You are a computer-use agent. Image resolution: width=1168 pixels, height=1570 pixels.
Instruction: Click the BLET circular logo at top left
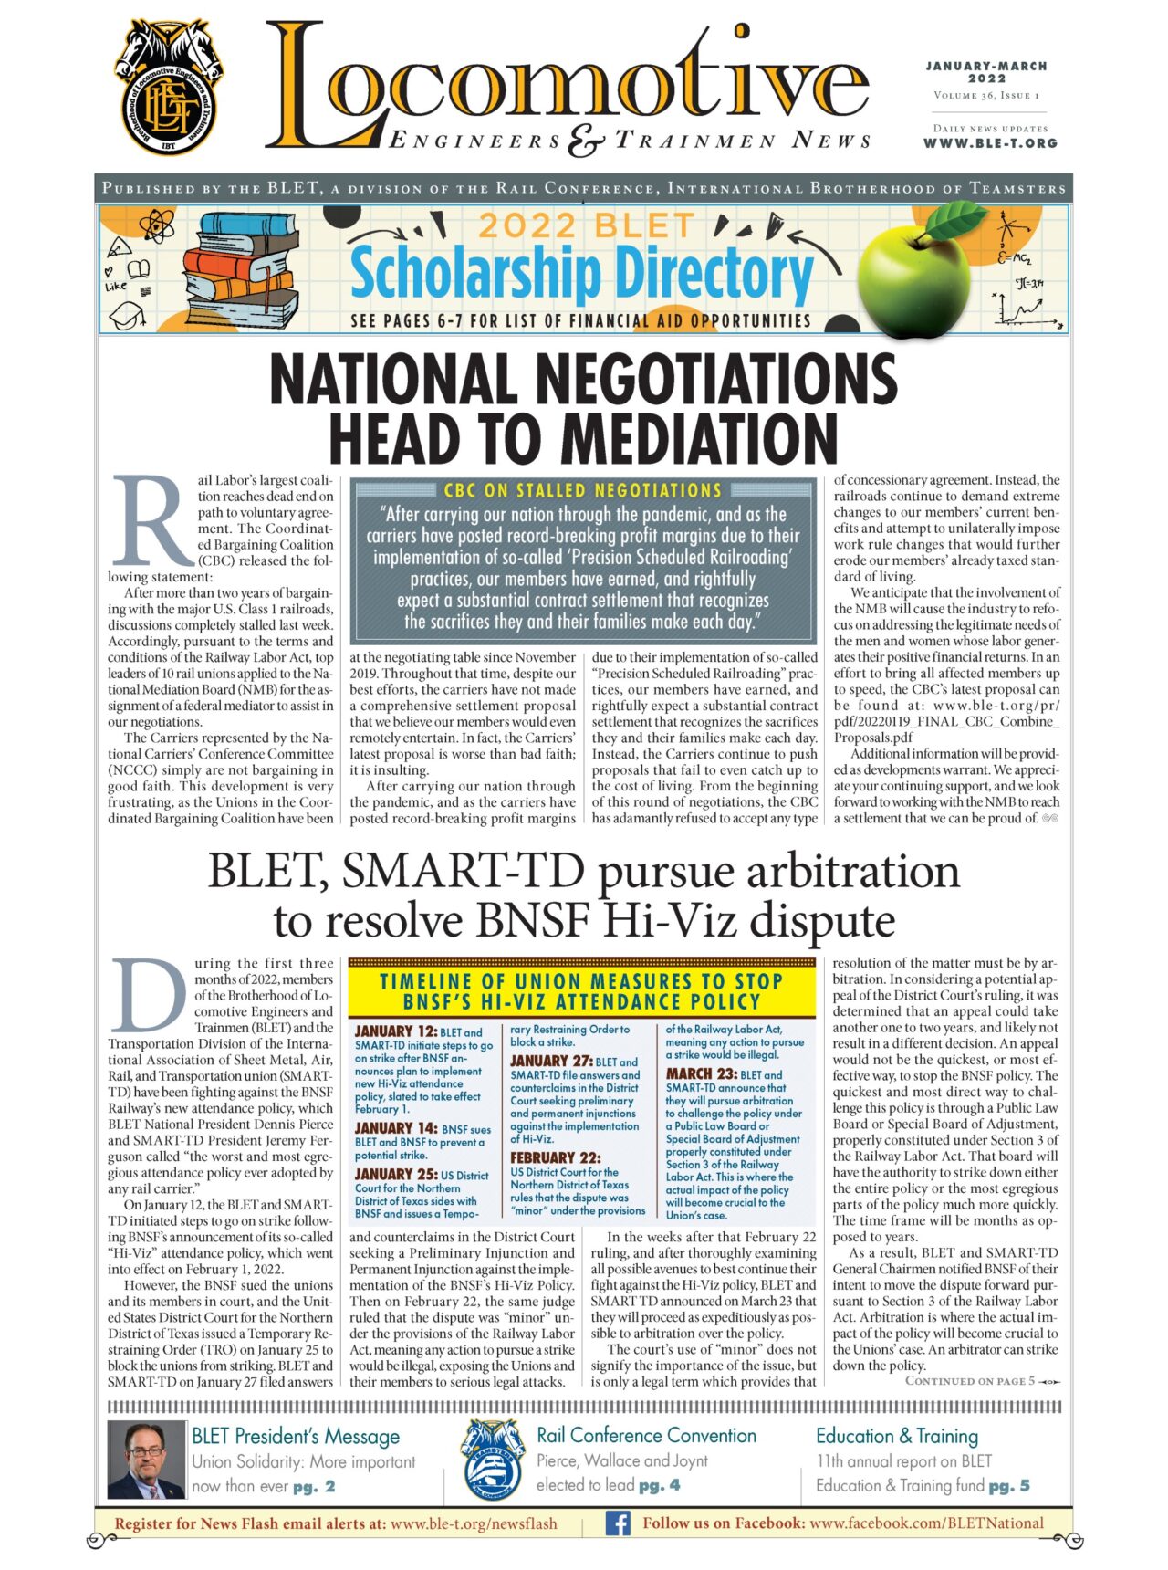[170, 88]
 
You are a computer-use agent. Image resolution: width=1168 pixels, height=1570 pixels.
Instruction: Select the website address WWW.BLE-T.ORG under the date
[990, 143]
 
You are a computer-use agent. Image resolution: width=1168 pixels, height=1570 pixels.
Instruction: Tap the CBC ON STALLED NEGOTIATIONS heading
[583, 490]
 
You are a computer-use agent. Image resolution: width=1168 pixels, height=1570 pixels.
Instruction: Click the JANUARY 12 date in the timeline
[395, 1031]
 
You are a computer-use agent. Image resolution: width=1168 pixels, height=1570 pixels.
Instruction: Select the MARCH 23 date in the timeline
[701, 1074]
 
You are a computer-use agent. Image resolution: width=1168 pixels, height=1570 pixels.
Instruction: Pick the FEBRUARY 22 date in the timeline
[555, 1157]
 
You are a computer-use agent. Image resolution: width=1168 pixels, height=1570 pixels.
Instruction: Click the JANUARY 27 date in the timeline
[550, 1061]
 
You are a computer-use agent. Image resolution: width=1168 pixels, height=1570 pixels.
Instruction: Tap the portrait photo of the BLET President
[145, 1460]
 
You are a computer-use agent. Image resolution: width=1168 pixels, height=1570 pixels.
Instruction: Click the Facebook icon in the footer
[618, 1523]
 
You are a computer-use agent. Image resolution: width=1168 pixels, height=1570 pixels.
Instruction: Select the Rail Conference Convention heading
[646, 1436]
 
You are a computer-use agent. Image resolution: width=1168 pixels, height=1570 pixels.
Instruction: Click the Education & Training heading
[896, 1436]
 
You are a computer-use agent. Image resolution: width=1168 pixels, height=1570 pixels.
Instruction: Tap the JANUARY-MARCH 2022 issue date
[986, 72]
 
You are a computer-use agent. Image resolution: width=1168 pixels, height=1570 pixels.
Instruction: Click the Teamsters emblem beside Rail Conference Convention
[492, 1460]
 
